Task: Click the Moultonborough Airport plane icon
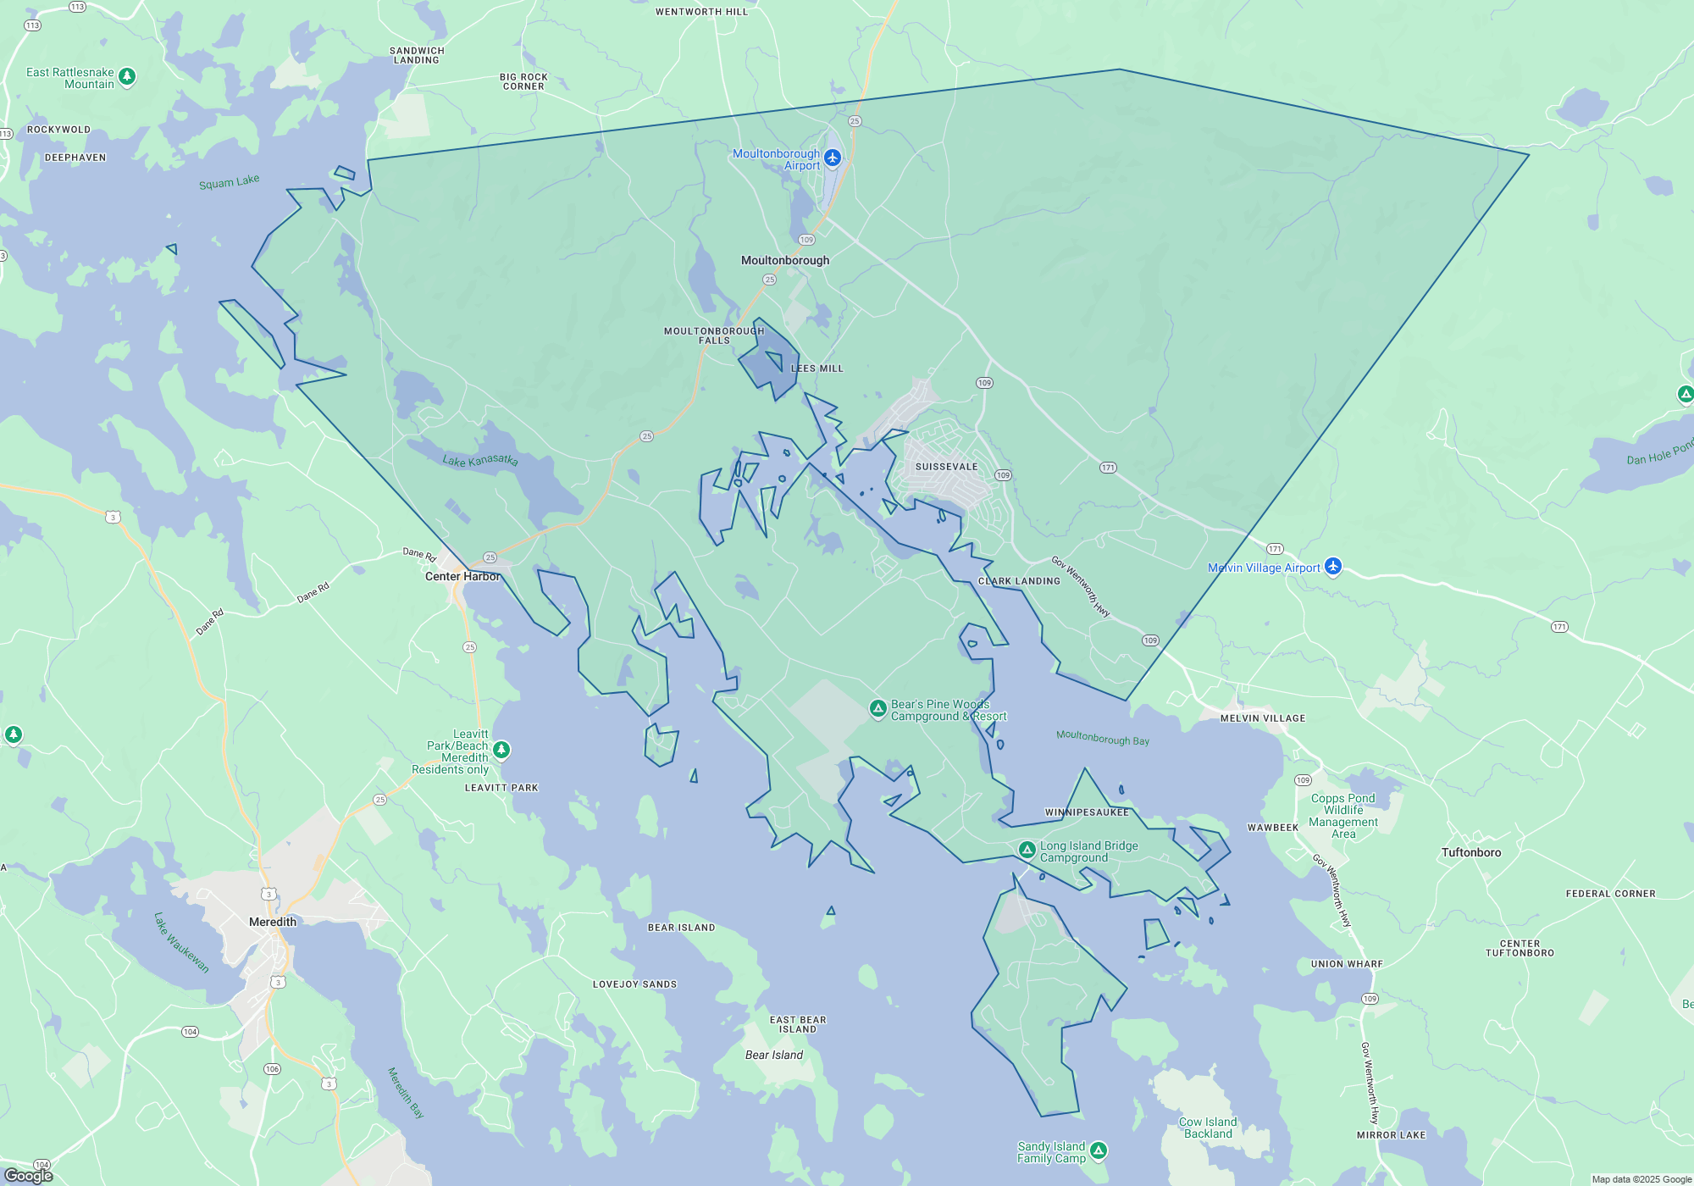(833, 158)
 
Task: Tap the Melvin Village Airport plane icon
(1333, 566)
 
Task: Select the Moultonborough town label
(785, 260)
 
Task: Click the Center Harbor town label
(462, 576)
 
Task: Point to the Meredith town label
(273, 922)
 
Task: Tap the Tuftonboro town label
(1471, 852)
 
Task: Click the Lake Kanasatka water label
(480, 460)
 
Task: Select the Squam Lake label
(230, 182)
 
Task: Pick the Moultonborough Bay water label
(1103, 738)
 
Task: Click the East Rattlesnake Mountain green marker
(127, 76)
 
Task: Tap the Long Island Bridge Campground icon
(1027, 849)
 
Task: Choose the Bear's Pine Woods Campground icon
(878, 708)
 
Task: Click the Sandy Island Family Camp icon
(1099, 1150)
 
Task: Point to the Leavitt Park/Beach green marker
(501, 749)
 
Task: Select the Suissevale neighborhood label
(946, 467)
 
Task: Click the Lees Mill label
(817, 369)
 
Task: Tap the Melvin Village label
(1263, 718)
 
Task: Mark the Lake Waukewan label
(181, 942)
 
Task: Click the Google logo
(29, 1175)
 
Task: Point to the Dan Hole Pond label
(1659, 454)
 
